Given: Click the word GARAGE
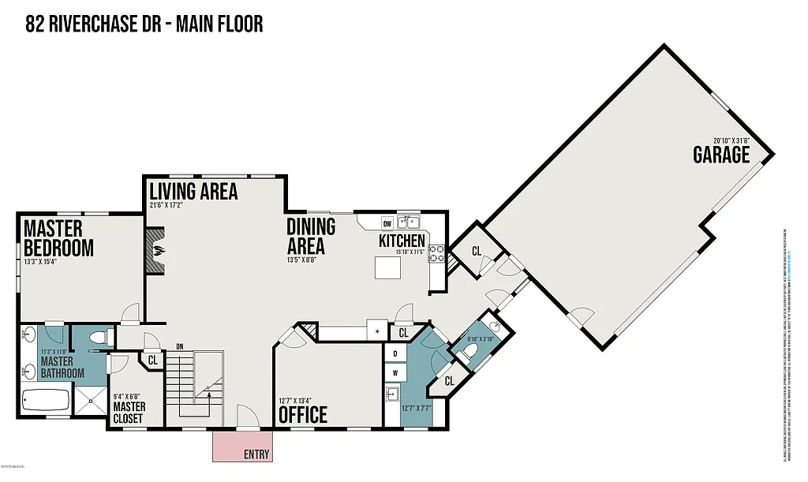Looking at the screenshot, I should coord(721,155).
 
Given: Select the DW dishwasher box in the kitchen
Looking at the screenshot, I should coord(387,222).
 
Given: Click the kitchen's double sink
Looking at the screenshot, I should coord(408,222).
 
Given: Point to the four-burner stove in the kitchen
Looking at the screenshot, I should coord(437,254).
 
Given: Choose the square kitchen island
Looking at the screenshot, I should coord(388,268).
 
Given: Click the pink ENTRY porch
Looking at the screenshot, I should coord(242,447).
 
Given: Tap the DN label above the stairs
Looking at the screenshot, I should coord(180,347).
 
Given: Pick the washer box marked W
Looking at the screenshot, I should coord(394,372).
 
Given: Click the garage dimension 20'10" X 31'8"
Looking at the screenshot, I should coord(731,140).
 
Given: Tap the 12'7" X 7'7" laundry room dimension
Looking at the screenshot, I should coord(414,408).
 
